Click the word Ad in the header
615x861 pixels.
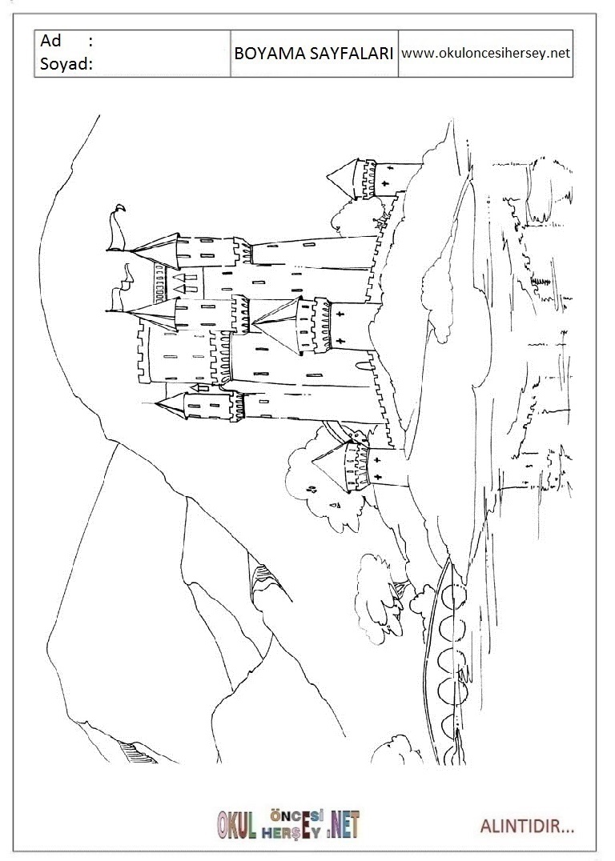[x=51, y=42]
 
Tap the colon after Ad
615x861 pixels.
[x=90, y=42]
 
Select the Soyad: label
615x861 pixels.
[x=66, y=64]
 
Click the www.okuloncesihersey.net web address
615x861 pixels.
[x=485, y=54]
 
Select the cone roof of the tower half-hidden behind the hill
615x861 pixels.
[x=344, y=176]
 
